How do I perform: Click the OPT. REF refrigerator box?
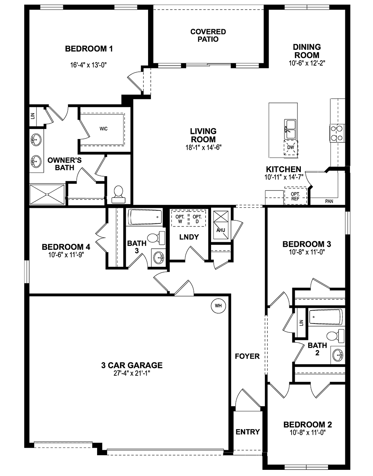295,196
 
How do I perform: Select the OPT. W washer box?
180,218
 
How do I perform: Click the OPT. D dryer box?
197,218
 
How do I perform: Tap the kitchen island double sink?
290,129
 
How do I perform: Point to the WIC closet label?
103,129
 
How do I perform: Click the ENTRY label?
248,432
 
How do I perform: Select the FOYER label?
247,356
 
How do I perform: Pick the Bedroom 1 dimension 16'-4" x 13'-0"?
88,65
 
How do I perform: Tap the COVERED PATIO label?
208,35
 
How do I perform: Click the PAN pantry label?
329,201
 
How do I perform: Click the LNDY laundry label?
189,237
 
